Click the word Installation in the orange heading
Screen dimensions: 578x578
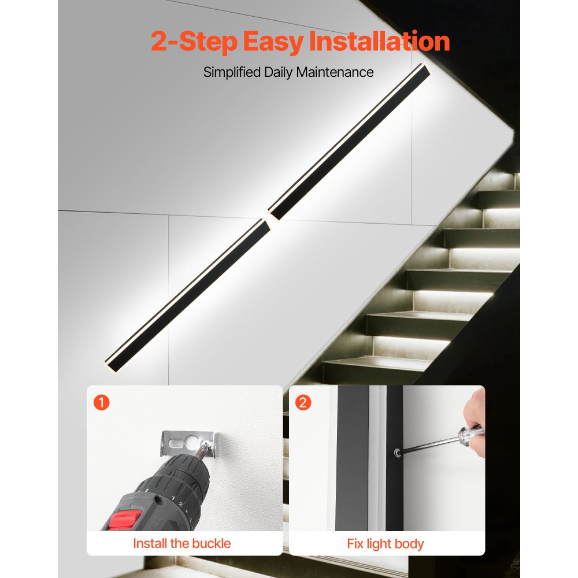(379, 41)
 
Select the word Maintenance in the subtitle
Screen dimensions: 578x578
(335, 72)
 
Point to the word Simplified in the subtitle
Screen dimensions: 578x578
(232, 72)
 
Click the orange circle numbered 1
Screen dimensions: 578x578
(101, 402)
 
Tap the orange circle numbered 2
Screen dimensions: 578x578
(303, 402)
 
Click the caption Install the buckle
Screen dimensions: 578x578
(181, 543)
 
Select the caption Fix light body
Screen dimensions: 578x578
(385, 544)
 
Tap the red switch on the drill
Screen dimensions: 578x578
(125, 520)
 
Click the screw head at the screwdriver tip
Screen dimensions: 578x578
(397, 453)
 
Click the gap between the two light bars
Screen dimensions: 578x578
(269, 220)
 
